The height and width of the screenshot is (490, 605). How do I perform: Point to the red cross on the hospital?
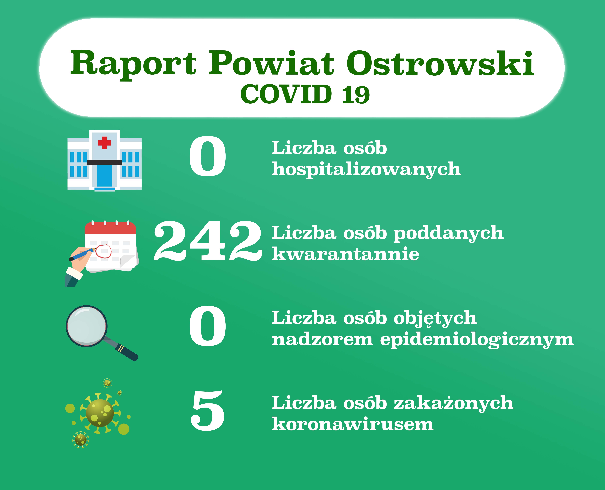pos(104,143)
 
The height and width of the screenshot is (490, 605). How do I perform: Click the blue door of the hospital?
pos(104,176)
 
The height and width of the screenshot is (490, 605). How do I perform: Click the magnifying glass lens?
pos(87,326)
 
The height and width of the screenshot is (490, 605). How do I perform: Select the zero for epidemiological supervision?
pos(208,326)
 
